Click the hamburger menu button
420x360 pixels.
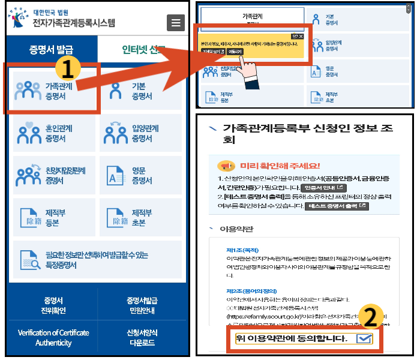[x=175, y=23]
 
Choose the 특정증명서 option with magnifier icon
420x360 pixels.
[x=97, y=259]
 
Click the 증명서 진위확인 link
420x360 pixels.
[x=53, y=305]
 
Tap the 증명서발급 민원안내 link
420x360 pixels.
[x=142, y=305]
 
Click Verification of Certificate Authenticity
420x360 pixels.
[x=53, y=338]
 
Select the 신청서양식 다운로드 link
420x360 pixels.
[x=142, y=338]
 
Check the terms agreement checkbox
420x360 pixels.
[x=364, y=339]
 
